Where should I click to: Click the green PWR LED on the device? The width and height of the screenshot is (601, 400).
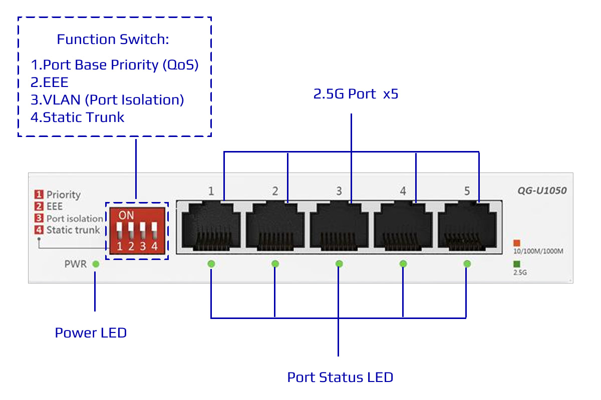click(x=96, y=263)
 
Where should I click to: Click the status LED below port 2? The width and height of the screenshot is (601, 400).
click(x=275, y=263)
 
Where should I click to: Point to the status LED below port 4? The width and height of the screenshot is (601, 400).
click(x=403, y=263)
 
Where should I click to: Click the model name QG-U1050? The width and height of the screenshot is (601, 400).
click(x=542, y=190)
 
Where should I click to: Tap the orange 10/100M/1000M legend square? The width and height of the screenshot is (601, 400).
click(x=517, y=242)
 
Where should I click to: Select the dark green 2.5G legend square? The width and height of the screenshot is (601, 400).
click(x=517, y=264)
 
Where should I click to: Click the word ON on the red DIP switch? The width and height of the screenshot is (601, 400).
click(x=127, y=215)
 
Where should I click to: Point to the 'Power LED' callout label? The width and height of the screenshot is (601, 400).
click(x=91, y=332)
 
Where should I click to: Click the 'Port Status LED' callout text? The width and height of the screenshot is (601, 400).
click(x=340, y=377)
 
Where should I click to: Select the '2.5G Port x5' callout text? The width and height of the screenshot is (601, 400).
click(x=356, y=94)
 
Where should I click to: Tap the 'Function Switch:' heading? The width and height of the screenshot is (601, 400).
click(x=112, y=39)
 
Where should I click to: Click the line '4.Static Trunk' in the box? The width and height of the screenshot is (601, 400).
click(x=78, y=117)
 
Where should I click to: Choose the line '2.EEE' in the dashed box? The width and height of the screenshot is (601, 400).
click(x=50, y=82)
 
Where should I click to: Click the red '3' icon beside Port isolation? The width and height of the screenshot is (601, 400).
click(x=39, y=218)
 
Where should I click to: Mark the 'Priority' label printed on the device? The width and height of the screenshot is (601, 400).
click(x=64, y=194)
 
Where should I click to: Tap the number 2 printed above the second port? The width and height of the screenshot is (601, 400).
click(x=275, y=191)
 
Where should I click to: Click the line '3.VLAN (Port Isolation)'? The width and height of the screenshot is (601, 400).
click(x=107, y=100)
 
